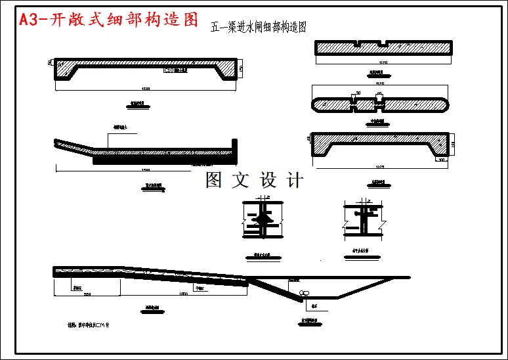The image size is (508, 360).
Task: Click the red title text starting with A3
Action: click(x=108, y=20)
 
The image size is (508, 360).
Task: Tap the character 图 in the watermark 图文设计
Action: click(x=214, y=180)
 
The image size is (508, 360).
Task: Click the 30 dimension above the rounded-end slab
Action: click(x=358, y=93)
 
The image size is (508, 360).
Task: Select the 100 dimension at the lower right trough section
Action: click(x=441, y=160)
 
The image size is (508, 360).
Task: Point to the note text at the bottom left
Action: click(x=89, y=325)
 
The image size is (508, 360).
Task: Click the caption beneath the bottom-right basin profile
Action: click(x=310, y=322)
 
